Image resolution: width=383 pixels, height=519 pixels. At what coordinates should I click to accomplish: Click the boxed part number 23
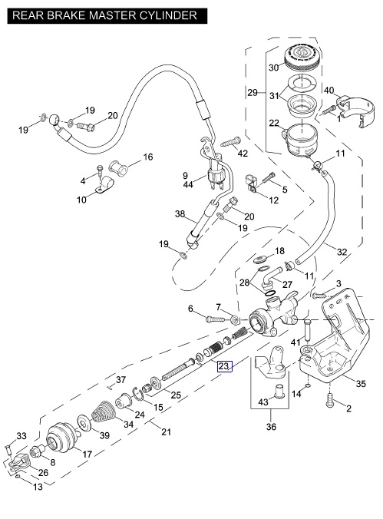pos(224,366)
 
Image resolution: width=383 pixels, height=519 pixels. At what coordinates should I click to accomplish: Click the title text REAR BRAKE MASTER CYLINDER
pos(104,15)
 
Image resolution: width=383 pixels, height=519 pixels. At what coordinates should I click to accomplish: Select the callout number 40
pos(329,90)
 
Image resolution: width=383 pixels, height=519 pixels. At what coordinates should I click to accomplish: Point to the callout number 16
pos(147,157)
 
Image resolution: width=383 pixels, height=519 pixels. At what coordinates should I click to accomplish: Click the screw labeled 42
pos(231,142)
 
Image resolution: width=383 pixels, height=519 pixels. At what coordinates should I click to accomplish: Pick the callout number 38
pos(180,214)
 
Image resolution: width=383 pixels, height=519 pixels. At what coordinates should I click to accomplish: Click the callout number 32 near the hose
pos(342,252)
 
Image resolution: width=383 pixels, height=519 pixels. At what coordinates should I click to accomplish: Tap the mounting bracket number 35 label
pos(361,383)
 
